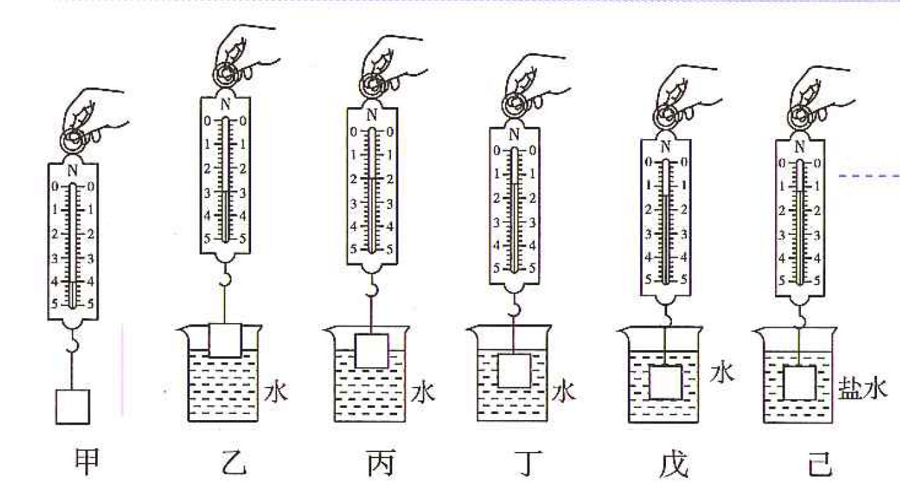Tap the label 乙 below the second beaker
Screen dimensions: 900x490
[x=233, y=462]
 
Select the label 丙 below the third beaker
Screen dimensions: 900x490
[x=381, y=462]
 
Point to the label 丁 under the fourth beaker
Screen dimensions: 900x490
[x=527, y=463]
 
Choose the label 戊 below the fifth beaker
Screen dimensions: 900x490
[x=675, y=464]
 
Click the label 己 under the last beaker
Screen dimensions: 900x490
[x=820, y=464]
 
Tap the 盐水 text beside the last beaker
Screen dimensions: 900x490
[x=863, y=389]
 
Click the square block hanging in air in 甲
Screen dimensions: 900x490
[x=73, y=407]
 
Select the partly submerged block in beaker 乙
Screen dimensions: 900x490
[x=225, y=340]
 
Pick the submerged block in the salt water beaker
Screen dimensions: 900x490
[x=800, y=382]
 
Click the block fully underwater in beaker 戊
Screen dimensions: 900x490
[x=666, y=382]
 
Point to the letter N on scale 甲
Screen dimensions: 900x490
[x=73, y=171]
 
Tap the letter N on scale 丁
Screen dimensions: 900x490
[x=514, y=134]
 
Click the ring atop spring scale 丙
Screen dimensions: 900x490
[x=372, y=86]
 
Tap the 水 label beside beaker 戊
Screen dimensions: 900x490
[x=722, y=373]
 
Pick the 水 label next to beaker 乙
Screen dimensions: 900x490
[x=276, y=390]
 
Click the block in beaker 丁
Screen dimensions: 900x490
[x=514, y=371]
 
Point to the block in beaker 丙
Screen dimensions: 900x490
[x=372, y=351]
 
